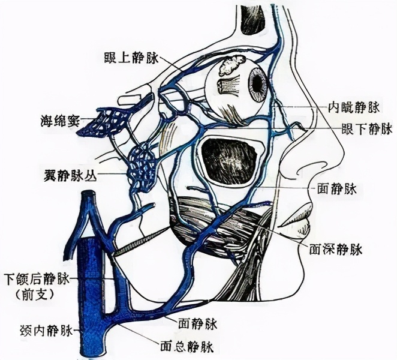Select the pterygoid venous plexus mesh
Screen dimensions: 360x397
145,166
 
